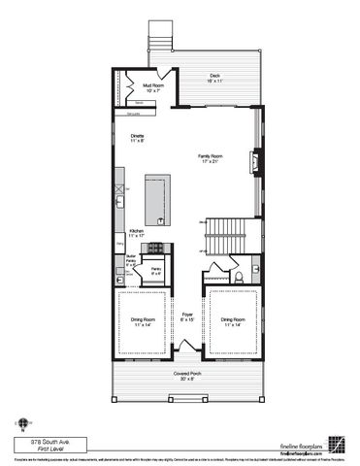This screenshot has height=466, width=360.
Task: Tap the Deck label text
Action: [214, 80]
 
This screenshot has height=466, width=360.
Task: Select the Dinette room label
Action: [138, 138]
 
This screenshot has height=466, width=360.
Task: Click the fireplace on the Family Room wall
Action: [256, 161]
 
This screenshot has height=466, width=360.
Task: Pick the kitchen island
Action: [157, 198]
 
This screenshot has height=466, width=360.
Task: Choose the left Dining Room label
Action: [142, 321]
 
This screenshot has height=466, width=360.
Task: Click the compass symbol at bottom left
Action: [19, 423]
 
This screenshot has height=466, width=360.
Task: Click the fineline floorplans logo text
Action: [299, 442]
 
